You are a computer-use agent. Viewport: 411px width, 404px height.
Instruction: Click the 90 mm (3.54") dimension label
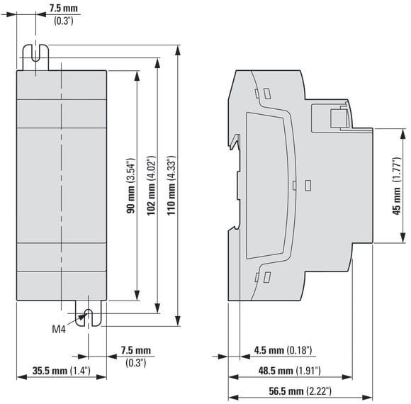pyautogui.click(x=130, y=186)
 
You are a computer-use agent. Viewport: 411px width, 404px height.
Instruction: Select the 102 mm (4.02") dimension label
pyautogui.click(x=151, y=186)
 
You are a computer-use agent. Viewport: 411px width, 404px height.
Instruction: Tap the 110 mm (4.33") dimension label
pyautogui.click(x=171, y=186)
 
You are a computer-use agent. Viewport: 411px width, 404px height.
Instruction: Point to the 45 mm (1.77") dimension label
pyautogui.click(x=397, y=186)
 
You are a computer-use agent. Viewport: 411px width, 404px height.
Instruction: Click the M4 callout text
pyautogui.click(x=59, y=329)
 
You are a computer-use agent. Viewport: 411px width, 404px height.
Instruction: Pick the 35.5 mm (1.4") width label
pyautogui.click(x=62, y=371)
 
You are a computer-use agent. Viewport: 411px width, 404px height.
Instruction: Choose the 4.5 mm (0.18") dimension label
pyautogui.click(x=283, y=350)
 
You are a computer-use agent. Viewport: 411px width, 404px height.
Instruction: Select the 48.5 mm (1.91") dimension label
pyautogui.click(x=290, y=371)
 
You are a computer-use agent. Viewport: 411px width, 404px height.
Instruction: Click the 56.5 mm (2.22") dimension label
pyautogui.click(x=300, y=391)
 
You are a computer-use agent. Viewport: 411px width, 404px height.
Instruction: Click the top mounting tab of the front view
pyautogui.click(x=35, y=57)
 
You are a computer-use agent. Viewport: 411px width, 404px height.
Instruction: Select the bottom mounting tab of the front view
pyautogui.click(x=88, y=313)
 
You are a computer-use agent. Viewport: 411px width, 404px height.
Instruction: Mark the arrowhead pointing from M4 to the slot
pyautogui.click(x=82, y=317)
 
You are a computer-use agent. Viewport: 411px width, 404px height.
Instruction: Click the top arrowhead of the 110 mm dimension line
pyautogui.click(x=178, y=50)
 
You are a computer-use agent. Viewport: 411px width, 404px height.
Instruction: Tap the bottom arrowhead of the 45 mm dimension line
pyautogui.click(x=403, y=237)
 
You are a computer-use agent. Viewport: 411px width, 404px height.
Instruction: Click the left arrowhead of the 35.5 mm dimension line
pyautogui.click(x=22, y=377)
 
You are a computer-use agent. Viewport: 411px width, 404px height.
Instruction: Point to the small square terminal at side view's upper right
pyautogui.click(x=338, y=118)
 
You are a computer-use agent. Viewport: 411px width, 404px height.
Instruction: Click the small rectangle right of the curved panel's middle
pyautogui.click(x=308, y=186)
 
